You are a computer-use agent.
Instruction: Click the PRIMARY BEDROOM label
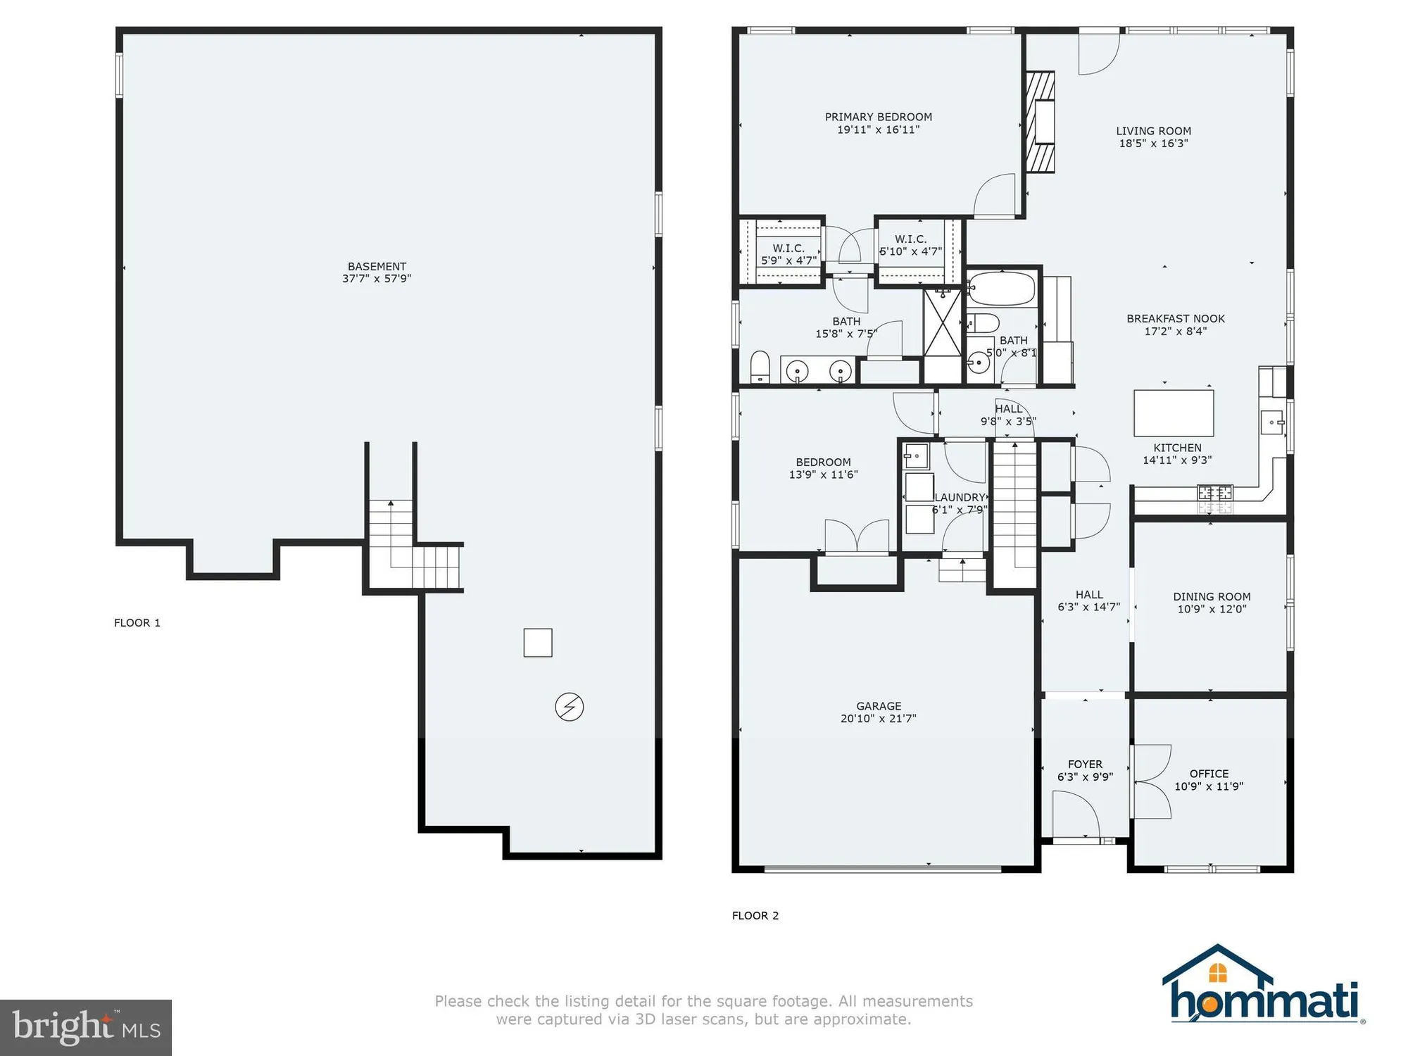tap(878, 117)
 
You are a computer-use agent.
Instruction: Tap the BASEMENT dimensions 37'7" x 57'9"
tap(377, 279)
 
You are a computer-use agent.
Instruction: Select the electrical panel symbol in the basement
tap(569, 707)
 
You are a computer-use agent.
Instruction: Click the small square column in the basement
tap(538, 643)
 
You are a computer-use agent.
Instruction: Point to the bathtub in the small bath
tap(1001, 289)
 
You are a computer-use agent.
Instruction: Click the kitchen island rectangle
tap(1174, 413)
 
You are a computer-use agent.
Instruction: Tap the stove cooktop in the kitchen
tap(1215, 498)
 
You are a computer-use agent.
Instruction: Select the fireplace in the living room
tap(1041, 122)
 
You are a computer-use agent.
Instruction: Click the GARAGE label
tap(879, 706)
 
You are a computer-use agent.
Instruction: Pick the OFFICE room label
tap(1209, 774)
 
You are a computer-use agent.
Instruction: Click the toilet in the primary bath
tap(760, 367)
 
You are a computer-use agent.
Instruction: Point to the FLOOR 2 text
tap(755, 916)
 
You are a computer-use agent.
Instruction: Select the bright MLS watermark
tap(85, 1027)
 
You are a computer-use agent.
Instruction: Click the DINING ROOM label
tap(1212, 597)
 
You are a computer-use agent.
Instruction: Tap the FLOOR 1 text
tap(137, 623)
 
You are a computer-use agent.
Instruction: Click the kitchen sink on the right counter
tap(1273, 422)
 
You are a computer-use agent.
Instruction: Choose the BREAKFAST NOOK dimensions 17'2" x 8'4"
tap(1175, 332)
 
